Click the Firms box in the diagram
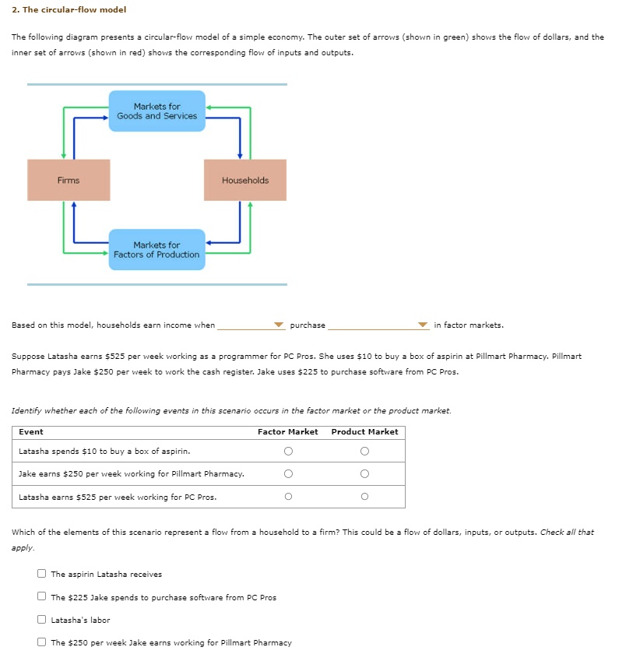click(69, 181)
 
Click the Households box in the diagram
click(244, 181)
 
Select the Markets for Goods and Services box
click(157, 111)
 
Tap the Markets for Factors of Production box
click(157, 250)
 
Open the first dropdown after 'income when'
click(251, 325)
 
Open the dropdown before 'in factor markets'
click(378, 325)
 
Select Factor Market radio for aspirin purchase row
click(288, 451)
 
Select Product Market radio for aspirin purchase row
click(364, 451)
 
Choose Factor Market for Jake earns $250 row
click(288, 473)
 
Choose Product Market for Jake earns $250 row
click(364, 473)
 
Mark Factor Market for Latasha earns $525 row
click(288, 497)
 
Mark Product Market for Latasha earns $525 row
click(364, 497)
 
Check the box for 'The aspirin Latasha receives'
click(42, 575)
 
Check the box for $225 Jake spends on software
click(42, 597)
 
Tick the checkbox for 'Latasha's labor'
click(42, 620)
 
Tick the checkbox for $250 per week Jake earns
click(42, 642)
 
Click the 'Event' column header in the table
click(31, 432)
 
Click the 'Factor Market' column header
click(287, 432)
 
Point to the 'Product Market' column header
click(364, 432)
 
